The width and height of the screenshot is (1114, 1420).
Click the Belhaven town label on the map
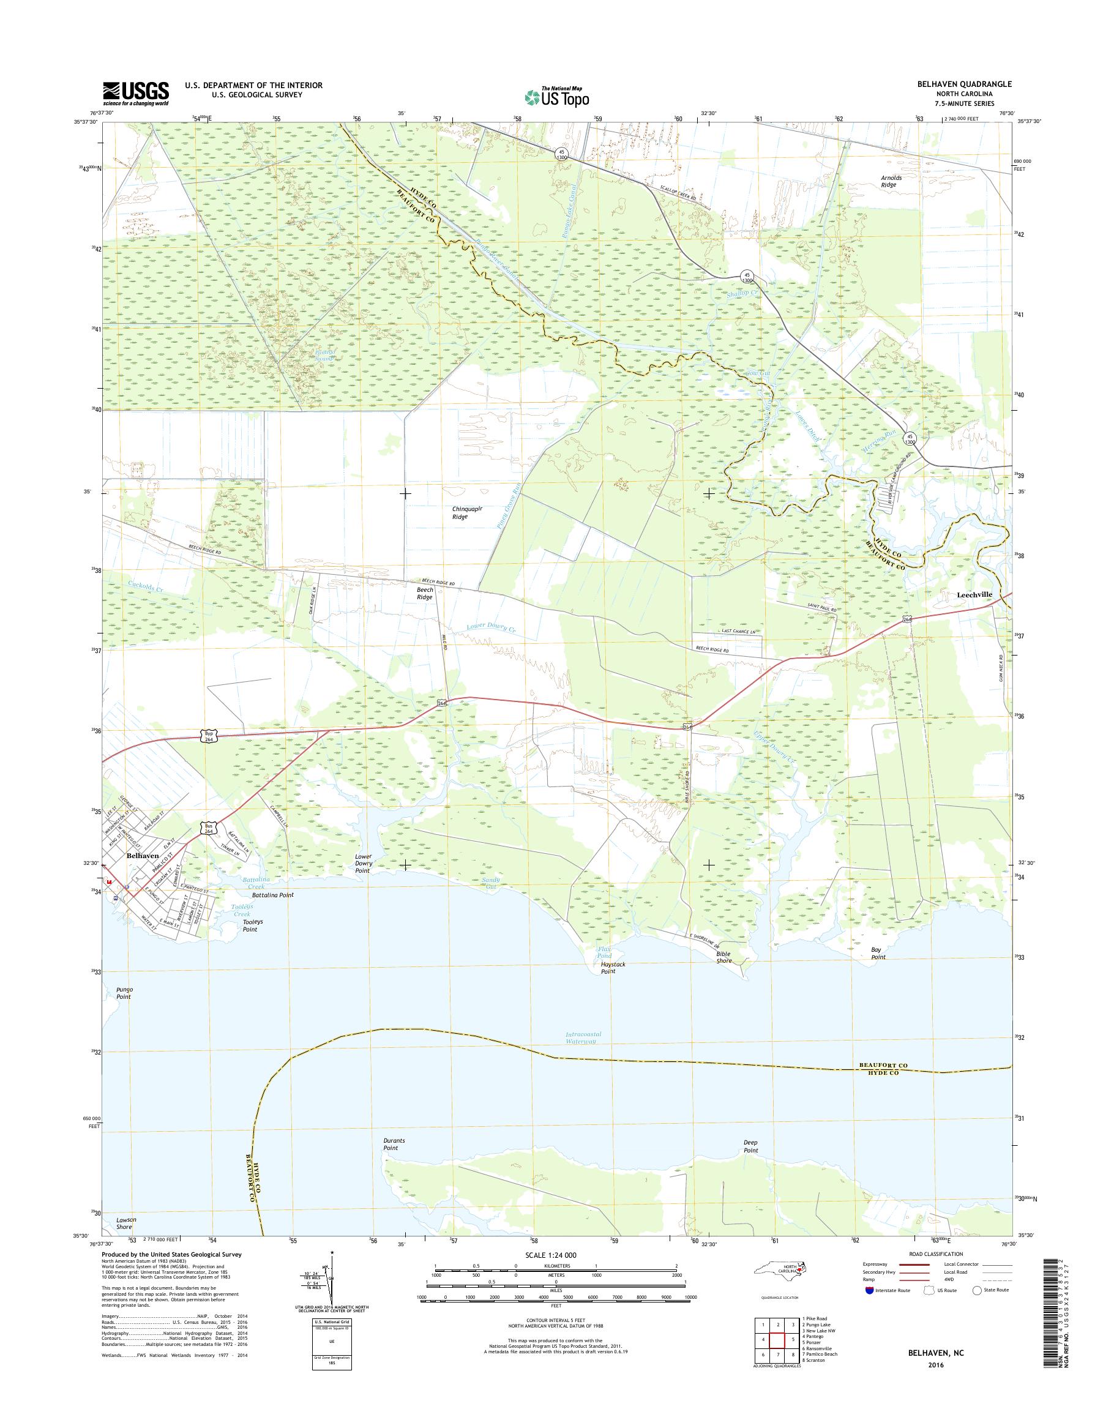click(x=143, y=854)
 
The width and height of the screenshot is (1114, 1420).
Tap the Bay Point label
click(x=878, y=953)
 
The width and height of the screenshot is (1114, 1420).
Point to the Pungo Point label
click(x=124, y=993)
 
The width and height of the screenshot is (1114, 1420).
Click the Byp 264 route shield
click(x=207, y=736)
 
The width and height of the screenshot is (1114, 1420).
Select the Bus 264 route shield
click(x=207, y=828)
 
